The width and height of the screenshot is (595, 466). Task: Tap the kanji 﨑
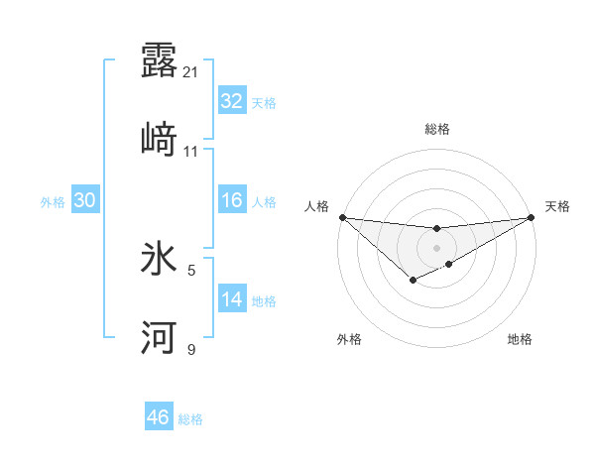(x=159, y=140)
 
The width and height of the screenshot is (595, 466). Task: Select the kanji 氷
(x=159, y=259)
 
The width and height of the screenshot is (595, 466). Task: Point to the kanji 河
(x=159, y=338)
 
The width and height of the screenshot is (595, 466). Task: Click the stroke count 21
(x=191, y=71)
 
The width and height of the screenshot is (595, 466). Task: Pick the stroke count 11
(x=191, y=152)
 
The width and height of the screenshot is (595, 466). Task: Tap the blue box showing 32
(x=231, y=101)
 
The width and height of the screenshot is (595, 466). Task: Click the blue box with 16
(x=231, y=200)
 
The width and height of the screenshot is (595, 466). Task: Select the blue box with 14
(x=231, y=299)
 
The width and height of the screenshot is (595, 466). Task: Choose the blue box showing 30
(x=84, y=200)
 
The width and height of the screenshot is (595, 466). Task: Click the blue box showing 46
(x=158, y=417)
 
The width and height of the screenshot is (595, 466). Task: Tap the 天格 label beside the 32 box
(x=264, y=103)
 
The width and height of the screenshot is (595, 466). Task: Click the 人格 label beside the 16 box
(x=264, y=202)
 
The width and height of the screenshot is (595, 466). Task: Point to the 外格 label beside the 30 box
(x=53, y=202)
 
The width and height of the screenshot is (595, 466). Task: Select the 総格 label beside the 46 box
(x=190, y=419)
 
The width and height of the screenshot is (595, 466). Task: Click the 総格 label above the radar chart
(x=437, y=129)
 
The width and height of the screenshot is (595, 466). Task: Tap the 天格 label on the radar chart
(x=557, y=206)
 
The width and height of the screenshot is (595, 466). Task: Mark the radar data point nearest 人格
(x=342, y=217)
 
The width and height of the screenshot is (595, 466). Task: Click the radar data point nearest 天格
(x=532, y=217)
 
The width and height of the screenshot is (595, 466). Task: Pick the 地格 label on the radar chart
(x=520, y=339)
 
